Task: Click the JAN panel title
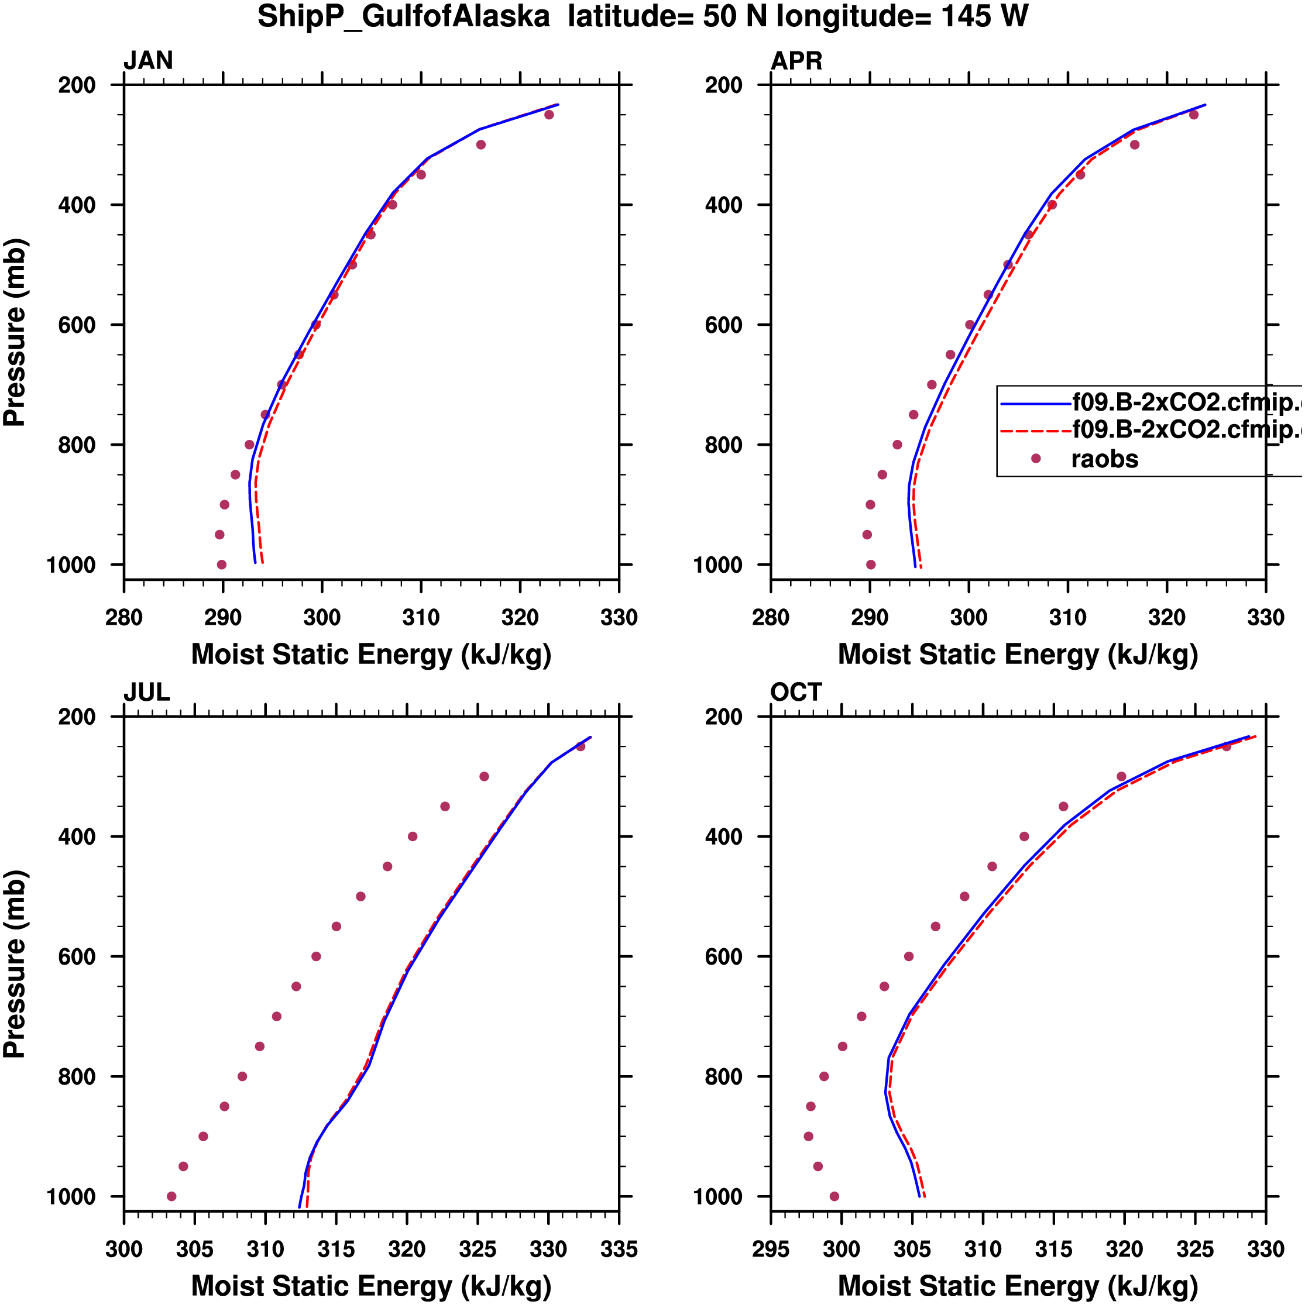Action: tap(148, 61)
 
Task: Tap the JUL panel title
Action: tap(147, 693)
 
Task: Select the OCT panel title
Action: tap(795, 693)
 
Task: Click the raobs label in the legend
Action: tap(1104, 459)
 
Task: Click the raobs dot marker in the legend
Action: tap(1035, 459)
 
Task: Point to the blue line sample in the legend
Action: tap(1035, 404)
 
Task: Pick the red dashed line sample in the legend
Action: tap(1035, 431)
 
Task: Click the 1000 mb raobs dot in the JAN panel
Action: tap(222, 564)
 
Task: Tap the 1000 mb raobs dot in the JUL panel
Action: tap(171, 1196)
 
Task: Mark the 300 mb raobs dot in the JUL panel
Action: tap(484, 777)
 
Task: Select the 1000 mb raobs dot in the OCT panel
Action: tap(834, 1196)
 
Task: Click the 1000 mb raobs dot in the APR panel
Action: tap(870, 564)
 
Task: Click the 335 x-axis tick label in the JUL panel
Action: tap(619, 1249)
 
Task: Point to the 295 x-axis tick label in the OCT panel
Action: tap(771, 1249)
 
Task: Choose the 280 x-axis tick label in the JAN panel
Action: tap(123, 617)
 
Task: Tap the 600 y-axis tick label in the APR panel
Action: tap(724, 325)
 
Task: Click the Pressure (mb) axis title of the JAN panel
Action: tap(15, 332)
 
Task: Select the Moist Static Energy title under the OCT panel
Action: tap(1018, 1286)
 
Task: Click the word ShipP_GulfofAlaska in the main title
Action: tap(403, 17)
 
